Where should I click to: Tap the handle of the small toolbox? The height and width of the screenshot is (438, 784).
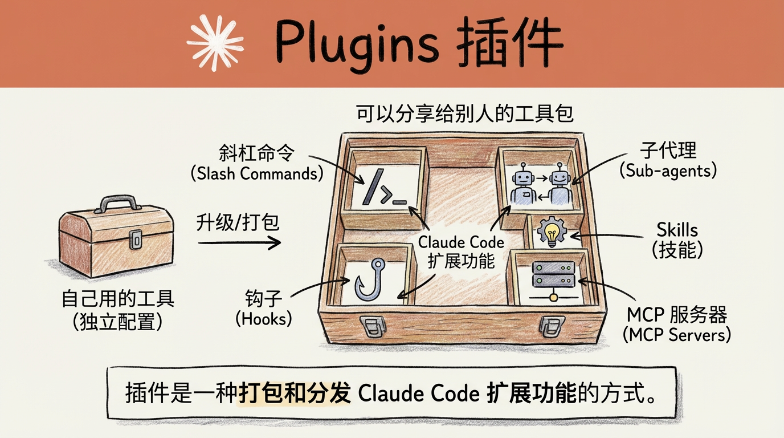(119, 204)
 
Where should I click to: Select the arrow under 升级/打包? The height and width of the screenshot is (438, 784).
(239, 243)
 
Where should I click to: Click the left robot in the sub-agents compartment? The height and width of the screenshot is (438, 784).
(522, 184)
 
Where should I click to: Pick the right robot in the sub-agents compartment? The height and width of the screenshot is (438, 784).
(560, 184)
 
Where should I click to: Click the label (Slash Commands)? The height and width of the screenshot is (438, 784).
(256, 173)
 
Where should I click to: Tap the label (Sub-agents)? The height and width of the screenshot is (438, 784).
(668, 169)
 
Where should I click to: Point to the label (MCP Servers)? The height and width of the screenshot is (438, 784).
(677, 335)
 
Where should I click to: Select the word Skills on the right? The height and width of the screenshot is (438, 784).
(677, 230)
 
